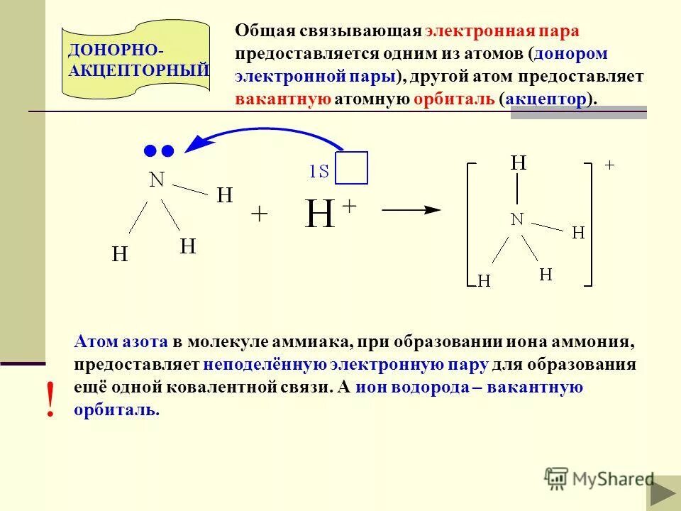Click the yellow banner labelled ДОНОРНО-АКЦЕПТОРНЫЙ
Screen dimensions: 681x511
click(x=135, y=60)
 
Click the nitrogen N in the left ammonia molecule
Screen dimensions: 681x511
click(x=157, y=180)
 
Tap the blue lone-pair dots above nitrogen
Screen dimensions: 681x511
click(x=158, y=150)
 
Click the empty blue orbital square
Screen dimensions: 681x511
click(x=352, y=168)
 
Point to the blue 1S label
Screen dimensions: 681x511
click(x=319, y=171)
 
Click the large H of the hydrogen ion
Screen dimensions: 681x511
click(x=320, y=214)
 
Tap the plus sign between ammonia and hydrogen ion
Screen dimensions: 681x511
click(x=260, y=214)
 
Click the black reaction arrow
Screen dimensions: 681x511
click(x=411, y=210)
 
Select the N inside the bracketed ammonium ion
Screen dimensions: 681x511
click(x=517, y=219)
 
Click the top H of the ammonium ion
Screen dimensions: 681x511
click(x=519, y=163)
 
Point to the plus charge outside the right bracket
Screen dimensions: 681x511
click(x=609, y=165)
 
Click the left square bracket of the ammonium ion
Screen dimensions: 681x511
click(x=469, y=224)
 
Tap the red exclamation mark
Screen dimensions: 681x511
click(x=50, y=399)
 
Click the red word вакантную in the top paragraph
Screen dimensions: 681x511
click(x=283, y=99)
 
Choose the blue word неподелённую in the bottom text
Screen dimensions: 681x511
click(x=264, y=366)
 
